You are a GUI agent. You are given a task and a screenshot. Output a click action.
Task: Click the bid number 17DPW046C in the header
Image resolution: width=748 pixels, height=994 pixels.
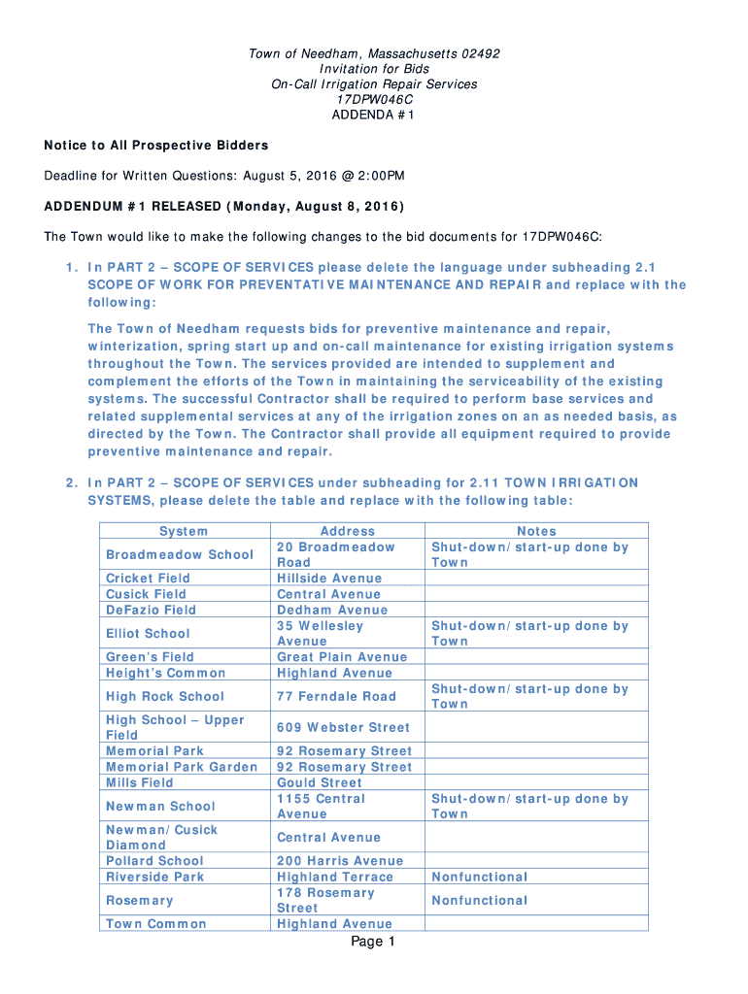click(x=374, y=100)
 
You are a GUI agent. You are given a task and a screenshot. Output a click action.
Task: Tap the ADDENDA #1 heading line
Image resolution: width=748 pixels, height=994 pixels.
click(x=374, y=116)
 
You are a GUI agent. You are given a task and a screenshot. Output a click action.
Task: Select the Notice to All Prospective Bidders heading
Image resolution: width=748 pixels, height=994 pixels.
click(x=155, y=146)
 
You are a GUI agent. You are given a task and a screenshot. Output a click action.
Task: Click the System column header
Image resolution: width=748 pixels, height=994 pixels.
click(x=184, y=531)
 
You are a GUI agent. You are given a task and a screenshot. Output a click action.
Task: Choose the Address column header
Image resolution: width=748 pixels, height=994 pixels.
click(x=347, y=531)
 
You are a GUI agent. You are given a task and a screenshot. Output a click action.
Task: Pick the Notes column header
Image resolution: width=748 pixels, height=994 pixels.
click(x=536, y=531)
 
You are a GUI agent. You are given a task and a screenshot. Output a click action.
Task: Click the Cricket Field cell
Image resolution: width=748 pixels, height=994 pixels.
click(x=148, y=579)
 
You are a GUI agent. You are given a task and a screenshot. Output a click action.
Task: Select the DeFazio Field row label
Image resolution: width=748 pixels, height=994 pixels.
click(x=151, y=610)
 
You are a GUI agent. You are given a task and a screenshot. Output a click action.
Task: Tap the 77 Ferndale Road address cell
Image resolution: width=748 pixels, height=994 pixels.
click(x=336, y=696)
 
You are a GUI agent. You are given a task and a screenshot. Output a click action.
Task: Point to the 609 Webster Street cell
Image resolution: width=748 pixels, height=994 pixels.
click(x=343, y=727)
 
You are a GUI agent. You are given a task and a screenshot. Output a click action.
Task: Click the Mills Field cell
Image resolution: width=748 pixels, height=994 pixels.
click(x=140, y=782)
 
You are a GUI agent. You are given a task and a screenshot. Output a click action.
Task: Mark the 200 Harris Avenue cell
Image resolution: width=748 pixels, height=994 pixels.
click(x=340, y=861)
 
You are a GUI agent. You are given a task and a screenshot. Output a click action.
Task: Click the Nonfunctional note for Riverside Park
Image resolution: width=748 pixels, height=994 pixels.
click(x=480, y=877)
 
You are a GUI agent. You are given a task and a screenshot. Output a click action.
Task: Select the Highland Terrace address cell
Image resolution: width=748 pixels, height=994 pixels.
click(x=336, y=877)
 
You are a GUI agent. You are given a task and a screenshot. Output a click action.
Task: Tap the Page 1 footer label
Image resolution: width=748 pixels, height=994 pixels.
click(x=373, y=943)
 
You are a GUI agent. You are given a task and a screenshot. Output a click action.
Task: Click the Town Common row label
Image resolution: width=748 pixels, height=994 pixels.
click(x=155, y=924)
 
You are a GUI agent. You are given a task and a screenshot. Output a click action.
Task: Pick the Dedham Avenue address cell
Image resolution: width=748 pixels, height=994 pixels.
click(x=332, y=610)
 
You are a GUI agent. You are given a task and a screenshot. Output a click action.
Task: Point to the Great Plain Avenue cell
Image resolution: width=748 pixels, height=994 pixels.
click(x=342, y=657)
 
